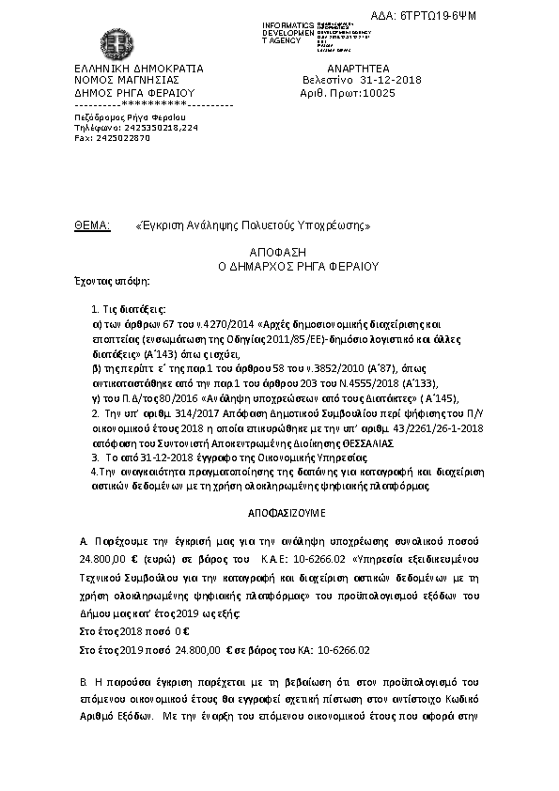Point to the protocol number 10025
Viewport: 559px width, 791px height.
coord(379,93)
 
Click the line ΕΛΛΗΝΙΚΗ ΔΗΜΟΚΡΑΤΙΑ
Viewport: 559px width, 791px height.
coord(138,69)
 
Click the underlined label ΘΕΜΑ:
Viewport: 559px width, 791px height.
coord(92,226)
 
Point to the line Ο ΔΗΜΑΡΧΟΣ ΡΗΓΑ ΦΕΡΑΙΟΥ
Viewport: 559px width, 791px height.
coord(277,267)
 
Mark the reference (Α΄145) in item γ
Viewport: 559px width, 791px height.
coord(411,399)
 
